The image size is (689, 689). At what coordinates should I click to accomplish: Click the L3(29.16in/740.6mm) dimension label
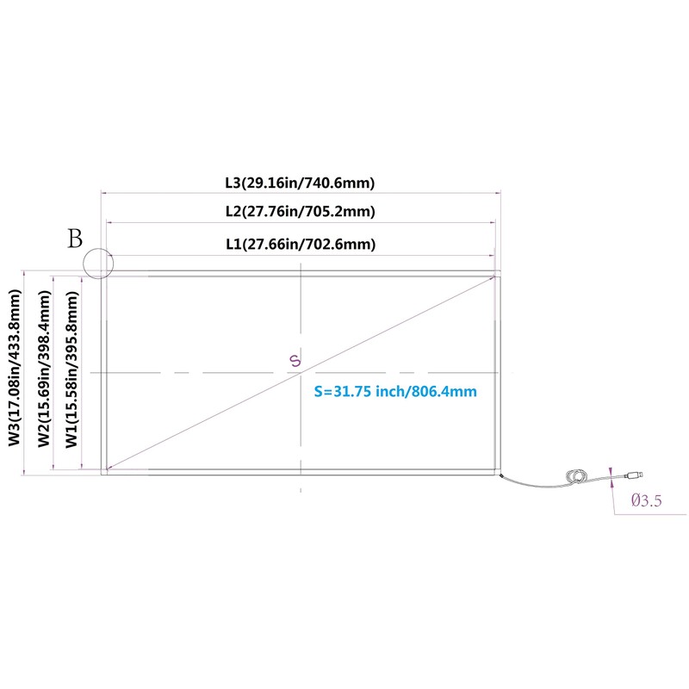pyautogui.click(x=300, y=183)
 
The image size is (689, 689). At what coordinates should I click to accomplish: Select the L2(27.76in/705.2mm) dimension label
pyautogui.click(x=301, y=211)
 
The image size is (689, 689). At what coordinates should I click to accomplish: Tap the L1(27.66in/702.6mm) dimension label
pyautogui.click(x=301, y=244)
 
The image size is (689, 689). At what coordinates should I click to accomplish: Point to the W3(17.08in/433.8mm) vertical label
pyautogui.click(x=15, y=368)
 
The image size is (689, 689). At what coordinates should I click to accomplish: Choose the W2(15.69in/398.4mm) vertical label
pyautogui.click(x=44, y=369)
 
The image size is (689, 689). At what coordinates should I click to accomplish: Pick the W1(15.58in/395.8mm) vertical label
pyautogui.click(x=71, y=370)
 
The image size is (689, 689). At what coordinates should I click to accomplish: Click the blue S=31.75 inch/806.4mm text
pyautogui.click(x=395, y=391)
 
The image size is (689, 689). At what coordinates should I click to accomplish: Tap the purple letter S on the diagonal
pyautogui.click(x=295, y=360)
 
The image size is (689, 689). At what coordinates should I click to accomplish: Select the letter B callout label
pyautogui.click(x=75, y=239)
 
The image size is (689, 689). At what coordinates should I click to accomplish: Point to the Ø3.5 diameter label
pyautogui.click(x=646, y=500)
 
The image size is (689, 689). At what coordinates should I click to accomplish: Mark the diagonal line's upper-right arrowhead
pyautogui.click(x=493, y=277)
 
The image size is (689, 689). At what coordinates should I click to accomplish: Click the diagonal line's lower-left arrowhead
pyautogui.click(x=109, y=469)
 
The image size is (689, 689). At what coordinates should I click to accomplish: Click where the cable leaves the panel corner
pyautogui.click(x=501, y=475)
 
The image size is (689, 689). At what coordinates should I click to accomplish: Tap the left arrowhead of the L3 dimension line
pyautogui.click(x=104, y=192)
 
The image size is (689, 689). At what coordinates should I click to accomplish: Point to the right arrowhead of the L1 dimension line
pyautogui.click(x=492, y=255)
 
